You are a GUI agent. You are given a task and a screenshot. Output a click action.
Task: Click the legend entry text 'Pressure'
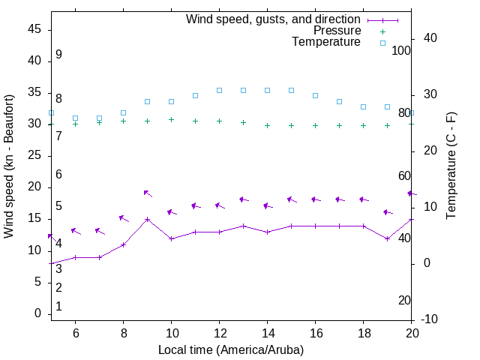pos(337,31)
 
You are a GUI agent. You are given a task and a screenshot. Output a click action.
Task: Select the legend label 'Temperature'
pos(326,42)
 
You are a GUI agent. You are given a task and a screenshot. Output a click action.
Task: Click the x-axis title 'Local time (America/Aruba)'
pos(231,349)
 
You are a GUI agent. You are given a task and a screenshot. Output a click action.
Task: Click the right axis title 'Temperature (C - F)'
pos(451,166)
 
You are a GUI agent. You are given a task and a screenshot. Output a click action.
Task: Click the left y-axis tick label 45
pos(34,29)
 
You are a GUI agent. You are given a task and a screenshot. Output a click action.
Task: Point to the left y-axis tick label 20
pos(34,187)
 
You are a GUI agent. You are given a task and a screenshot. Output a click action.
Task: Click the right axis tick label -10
pos(430,319)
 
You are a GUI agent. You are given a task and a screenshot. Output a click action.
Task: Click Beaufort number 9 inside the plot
pos(58,55)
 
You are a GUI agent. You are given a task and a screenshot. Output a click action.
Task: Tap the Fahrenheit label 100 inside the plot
pos(401,50)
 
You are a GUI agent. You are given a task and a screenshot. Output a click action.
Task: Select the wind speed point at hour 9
pos(147,220)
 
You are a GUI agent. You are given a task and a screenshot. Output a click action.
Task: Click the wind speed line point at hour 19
pos(387,238)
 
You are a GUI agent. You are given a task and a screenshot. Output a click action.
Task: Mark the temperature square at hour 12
pos(219,90)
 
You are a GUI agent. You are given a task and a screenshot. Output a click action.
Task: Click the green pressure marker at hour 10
pos(171,119)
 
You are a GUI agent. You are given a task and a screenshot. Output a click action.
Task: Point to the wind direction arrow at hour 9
pos(148,193)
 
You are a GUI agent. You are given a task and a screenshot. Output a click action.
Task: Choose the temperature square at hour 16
pos(315,95)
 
